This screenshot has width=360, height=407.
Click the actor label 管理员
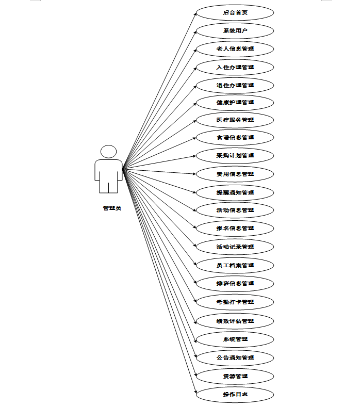click(x=112, y=208)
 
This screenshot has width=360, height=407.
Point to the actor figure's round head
click(x=108, y=152)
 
